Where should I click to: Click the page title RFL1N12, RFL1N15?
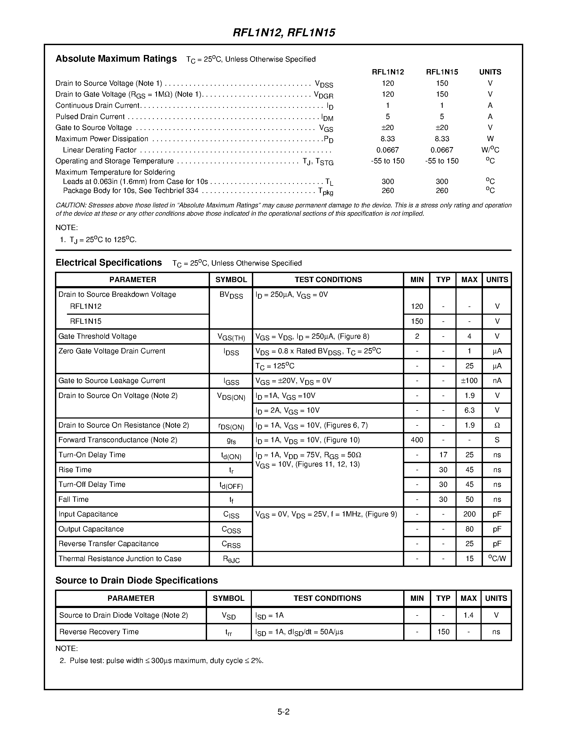coord(284,33)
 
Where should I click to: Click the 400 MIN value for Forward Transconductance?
coord(417,440)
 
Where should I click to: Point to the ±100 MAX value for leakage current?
coord(469,381)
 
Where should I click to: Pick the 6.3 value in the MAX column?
coord(469,410)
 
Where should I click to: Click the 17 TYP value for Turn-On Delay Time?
coord(443,455)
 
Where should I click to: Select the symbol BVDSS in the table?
coord(231,295)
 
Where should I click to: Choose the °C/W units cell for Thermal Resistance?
coord(497,559)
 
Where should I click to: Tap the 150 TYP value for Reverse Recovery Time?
coord(443,632)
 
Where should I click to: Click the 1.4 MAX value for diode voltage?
coord(468,615)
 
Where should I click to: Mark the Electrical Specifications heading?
coord(109,263)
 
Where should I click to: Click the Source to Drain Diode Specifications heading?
coord(136,581)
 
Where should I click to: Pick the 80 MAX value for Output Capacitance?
coord(469,529)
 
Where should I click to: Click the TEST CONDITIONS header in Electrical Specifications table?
coord(328,280)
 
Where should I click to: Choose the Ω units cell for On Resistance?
coord(497,425)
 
